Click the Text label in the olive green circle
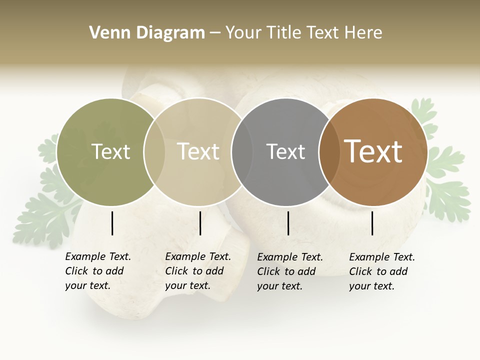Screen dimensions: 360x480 click(x=110, y=151)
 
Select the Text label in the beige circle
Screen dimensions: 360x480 click(x=198, y=151)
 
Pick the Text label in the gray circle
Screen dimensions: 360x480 click(x=285, y=151)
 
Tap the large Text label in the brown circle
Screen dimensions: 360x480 click(x=373, y=151)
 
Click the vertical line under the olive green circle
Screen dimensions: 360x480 click(x=112, y=223)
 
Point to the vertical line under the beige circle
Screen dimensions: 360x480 click(x=200, y=223)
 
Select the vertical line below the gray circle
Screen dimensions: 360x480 click(x=288, y=223)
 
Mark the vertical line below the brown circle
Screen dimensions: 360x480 click(x=372, y=223)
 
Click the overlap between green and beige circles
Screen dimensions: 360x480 click(x=154, y=152)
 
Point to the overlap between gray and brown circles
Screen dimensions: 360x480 click(x=329, y=152)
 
